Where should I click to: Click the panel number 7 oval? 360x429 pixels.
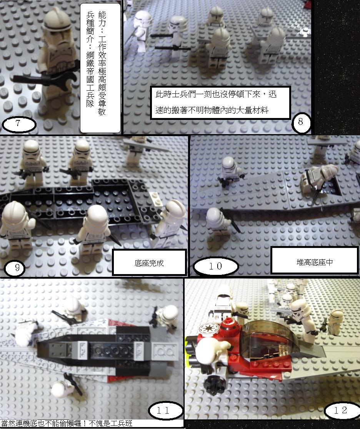pos(19,125)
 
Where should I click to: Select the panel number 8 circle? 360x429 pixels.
pos(301,123)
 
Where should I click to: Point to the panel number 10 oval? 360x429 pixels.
pos(216,266)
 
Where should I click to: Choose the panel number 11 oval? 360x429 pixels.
pos(166,411)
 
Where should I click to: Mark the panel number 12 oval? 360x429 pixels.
pos(341,410)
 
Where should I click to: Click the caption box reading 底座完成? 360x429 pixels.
pos(149,263)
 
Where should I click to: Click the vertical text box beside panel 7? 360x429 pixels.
pos(100,68)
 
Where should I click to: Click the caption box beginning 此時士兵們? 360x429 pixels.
pos(220,103)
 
